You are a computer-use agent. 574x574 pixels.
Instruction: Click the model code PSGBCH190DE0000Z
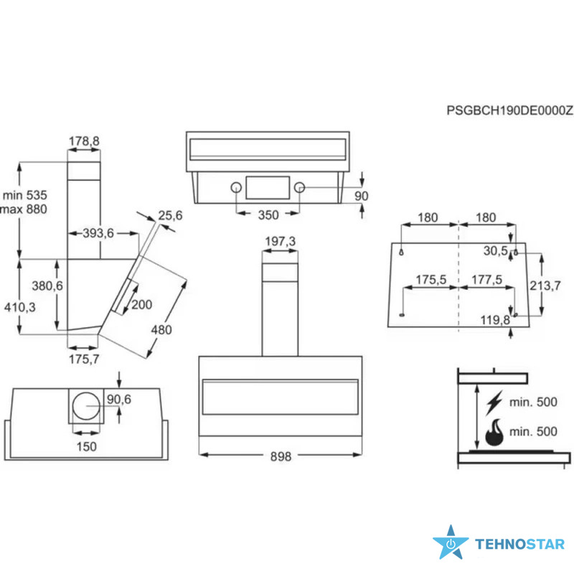point(509,110)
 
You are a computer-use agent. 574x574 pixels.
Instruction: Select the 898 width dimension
point(281,456)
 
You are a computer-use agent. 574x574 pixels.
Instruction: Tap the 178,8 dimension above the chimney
point(84,141)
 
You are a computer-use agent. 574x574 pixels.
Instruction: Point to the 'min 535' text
point(25,195)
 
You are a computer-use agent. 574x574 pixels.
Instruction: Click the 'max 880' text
point(24,210)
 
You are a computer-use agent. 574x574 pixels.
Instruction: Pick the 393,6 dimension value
point(98,233)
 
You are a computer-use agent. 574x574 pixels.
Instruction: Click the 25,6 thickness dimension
point(170,215)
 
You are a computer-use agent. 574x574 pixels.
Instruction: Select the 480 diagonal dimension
point(161,330)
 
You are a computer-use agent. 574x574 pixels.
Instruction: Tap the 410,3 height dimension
point(20,307)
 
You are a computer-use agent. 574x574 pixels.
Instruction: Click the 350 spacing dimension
point(268,215)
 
